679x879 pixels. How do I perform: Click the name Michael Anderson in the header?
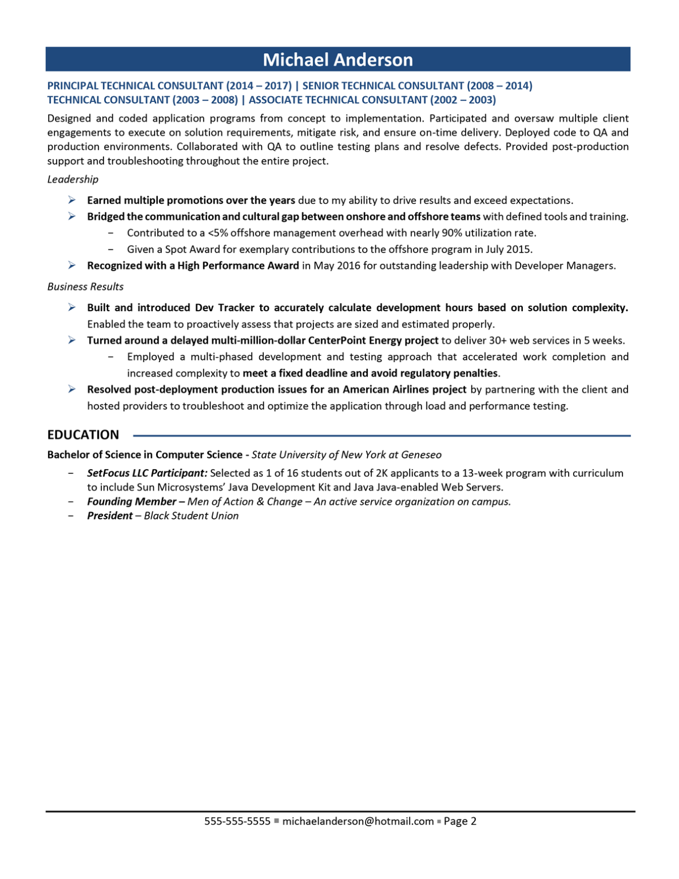(337, 60)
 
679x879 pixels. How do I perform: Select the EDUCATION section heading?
(83, 435)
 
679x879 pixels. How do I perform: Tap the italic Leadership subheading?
(73, 179)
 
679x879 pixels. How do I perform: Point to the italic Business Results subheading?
(85, 287)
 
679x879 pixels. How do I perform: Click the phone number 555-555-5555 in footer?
(237, 821)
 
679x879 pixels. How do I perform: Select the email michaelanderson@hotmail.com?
(358, 821)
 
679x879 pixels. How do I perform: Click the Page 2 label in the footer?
(460, 821)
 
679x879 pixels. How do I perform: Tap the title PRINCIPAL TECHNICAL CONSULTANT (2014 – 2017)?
(169, 86)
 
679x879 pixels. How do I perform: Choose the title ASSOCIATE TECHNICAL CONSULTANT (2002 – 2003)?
(372, 100)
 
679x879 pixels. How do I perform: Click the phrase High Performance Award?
(238, 266)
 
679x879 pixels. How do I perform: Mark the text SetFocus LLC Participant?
(147, 473)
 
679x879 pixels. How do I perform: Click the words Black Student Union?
(191, 516)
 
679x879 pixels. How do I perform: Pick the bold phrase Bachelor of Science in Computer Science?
(145, 455)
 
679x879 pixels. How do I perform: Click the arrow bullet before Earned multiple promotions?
(72, 200)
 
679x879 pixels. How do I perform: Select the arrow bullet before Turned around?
(72, 340)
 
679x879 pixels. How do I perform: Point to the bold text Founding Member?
(132, 502)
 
